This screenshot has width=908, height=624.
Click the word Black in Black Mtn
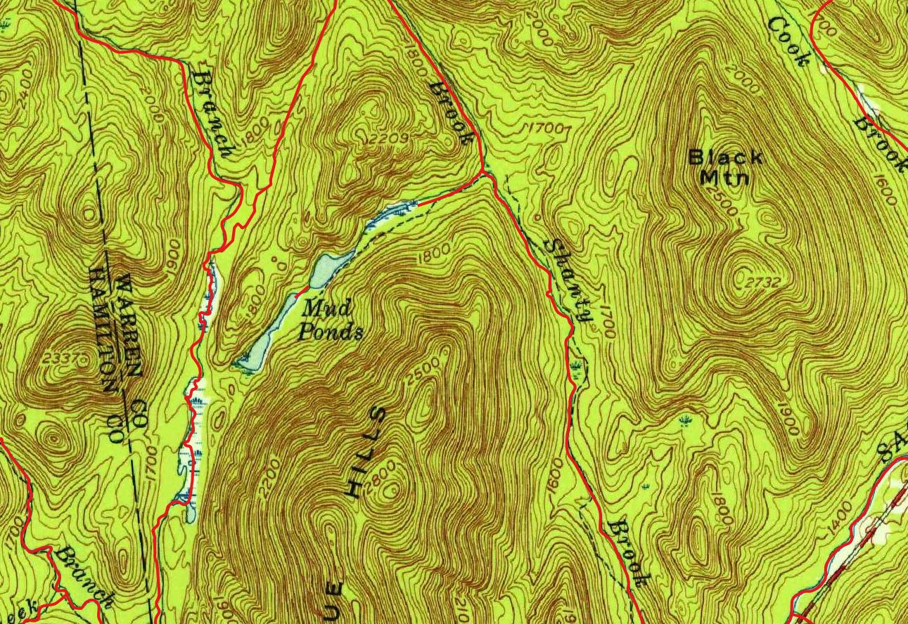pyautogui.click(x=725, y=157)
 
